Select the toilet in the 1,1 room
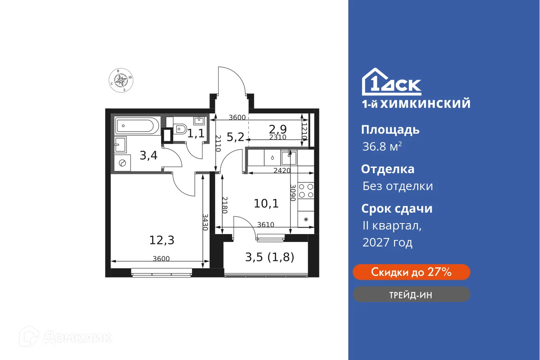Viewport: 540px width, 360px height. [x=180, y=129]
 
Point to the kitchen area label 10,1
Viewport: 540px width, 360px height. [x=266, y=204]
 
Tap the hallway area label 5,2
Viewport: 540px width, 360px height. [x=235, y=137]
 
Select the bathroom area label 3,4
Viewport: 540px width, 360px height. [x=148, y=155]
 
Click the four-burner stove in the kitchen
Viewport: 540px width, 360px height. [x=306, y=191]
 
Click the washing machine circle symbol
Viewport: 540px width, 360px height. [x=123, y=163]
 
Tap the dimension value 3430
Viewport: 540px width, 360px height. [x=205, y=222]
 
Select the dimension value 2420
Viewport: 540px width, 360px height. [x=282, y=170]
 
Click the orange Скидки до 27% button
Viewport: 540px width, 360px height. [x=411, y=272]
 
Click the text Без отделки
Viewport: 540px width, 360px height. [x=397, y=186]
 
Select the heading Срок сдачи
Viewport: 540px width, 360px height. [x=397, y=209]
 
